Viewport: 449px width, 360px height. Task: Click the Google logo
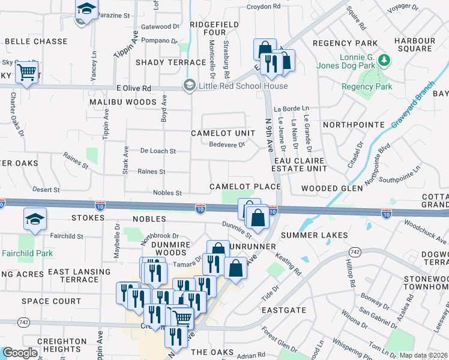point(20,353)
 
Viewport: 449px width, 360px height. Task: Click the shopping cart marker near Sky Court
point(26,73)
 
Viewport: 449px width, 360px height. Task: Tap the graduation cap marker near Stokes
point(35,220)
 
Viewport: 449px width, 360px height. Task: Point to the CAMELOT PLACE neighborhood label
point(245,187)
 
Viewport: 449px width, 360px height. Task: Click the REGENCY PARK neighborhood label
point(345,43)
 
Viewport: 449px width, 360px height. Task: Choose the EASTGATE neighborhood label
point(284,310)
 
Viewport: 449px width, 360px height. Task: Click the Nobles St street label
point(167,193)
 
